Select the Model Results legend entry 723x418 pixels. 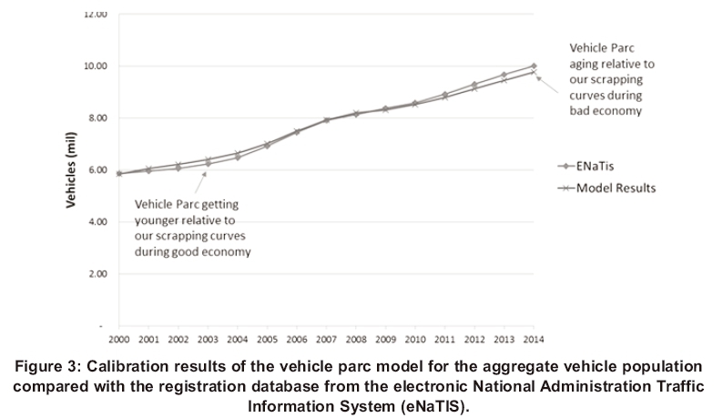(x=612, y=189)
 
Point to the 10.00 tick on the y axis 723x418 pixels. (x=96, y=66)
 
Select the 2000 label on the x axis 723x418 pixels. (x=119, y=340)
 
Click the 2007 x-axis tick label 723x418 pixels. (x=326, y=340)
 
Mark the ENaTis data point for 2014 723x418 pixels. (x=534, y=66)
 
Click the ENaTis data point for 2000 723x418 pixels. (x=119, y=173)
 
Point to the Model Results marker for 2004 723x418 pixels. (x=238, y=153)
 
